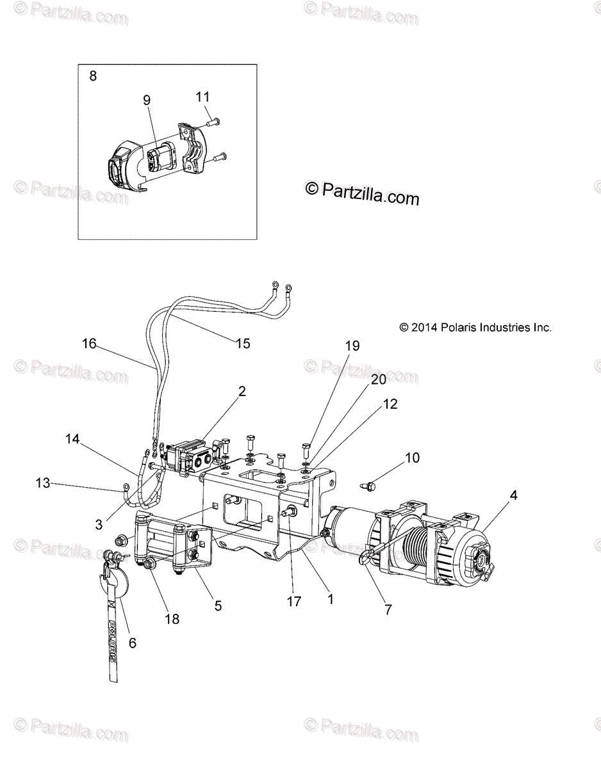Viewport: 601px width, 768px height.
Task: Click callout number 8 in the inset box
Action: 93,76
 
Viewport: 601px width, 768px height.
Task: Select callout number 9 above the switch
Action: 147,100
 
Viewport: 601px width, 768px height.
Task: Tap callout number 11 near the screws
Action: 202,97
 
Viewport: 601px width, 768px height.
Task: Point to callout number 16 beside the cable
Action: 88,344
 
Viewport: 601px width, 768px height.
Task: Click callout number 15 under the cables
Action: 243,343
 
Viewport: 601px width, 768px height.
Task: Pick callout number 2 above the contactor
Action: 242,392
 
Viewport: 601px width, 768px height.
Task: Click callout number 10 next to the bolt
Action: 412,458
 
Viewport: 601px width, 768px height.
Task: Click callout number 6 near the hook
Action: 133,643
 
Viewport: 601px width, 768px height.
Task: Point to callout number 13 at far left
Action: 42,483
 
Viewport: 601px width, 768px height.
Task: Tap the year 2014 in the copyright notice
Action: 425,327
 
